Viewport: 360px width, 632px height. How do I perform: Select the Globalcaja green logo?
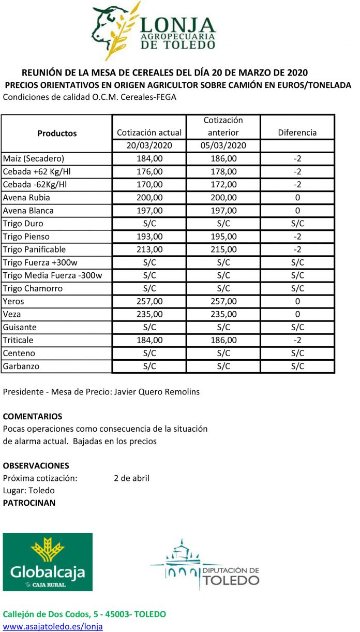[48, 562]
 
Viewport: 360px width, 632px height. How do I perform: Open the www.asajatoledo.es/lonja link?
[53, 626]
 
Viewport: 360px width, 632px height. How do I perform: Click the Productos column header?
[57, 133]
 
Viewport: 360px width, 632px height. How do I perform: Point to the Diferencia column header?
[297, 133]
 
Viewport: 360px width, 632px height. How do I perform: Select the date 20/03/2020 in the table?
[149, 146]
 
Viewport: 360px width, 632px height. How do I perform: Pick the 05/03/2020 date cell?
[223, 146]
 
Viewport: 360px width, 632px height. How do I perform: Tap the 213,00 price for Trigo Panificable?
[149, 249]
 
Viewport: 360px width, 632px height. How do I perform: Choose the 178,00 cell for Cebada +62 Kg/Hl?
[223, 172]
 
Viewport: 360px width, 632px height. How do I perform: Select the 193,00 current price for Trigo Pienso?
[149, 237]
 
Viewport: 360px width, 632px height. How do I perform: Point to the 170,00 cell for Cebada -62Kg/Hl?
[149, 185]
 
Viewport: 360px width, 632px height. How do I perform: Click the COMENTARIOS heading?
[33, 416]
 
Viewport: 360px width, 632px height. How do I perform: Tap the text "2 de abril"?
[131, 478]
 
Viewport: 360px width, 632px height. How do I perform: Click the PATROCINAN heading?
[29, 503]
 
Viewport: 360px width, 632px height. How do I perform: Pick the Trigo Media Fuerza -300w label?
[52, 275]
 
